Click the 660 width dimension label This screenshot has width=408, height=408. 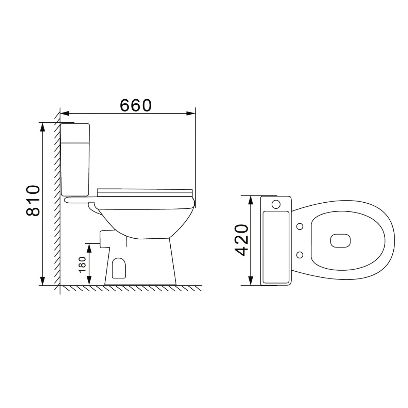(136, 105)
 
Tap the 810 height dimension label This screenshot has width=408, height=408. (33, 201)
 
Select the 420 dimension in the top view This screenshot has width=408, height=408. (241, 240)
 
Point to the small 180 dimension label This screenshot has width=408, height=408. (82, 265)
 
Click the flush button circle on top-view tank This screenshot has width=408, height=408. (276, 204)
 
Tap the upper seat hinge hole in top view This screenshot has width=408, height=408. (300, 226)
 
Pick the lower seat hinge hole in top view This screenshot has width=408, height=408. (300, 255)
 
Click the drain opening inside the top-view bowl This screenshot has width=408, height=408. (340, 240)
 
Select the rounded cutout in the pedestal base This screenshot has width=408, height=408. (119, 268)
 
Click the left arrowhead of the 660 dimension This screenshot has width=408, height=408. (65, 114)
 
